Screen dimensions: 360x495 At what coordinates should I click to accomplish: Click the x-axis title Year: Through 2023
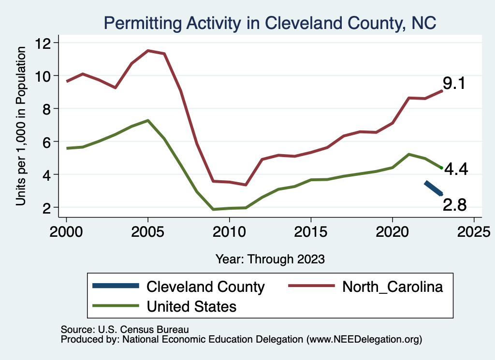270,259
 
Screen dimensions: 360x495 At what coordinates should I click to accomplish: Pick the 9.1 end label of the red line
454,84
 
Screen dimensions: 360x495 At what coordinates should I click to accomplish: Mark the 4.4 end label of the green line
456,170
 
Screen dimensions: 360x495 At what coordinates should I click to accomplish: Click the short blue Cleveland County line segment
434,188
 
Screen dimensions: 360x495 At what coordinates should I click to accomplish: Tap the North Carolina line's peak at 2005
148,50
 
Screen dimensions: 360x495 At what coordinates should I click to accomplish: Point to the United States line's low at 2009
213,209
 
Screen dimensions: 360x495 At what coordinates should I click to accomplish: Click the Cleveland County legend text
205,287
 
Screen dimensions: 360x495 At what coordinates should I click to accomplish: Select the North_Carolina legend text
393,287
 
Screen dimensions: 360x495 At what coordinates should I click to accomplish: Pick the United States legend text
191,306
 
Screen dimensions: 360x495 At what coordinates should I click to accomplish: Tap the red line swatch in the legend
311,287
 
